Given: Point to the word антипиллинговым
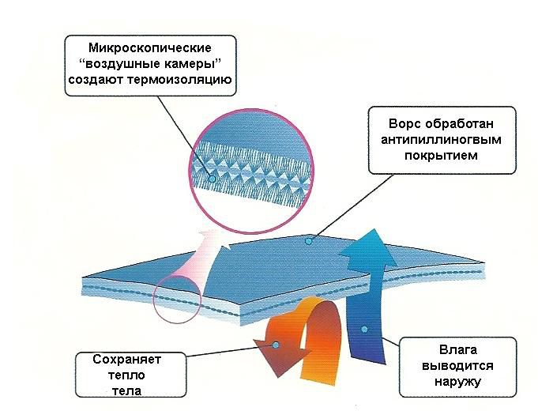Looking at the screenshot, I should click(x=442, y=140).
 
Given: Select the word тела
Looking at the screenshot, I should click(x=127, y=390).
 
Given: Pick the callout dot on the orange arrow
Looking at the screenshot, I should click(x=276, y=345).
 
